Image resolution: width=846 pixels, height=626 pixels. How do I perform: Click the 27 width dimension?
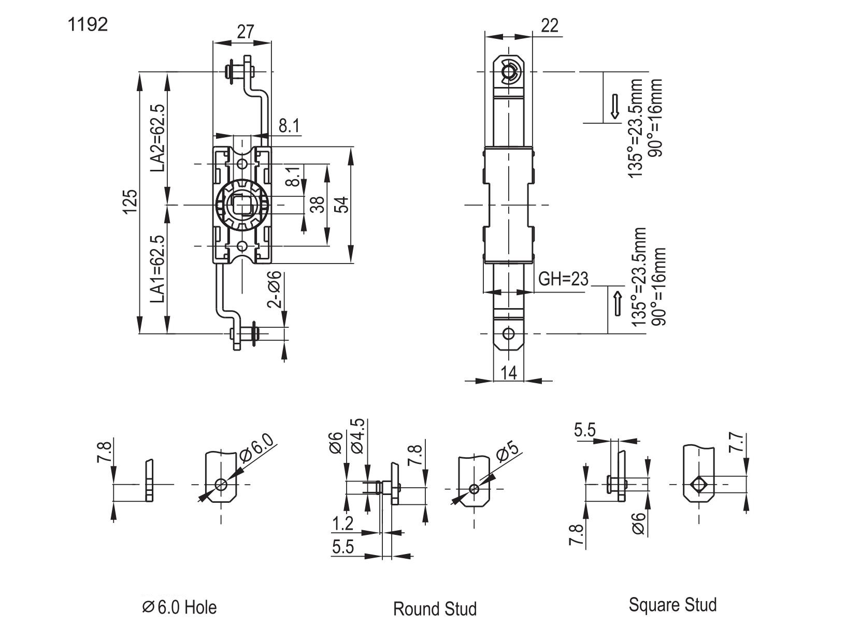pyautogui.click(x=245, y=32)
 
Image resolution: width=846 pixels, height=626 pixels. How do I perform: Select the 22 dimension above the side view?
pyautogui.click(x=550, y=26)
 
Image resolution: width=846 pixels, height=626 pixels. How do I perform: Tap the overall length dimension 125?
pyautogui.click(x=131, y=202)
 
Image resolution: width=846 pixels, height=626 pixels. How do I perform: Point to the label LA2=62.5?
pyautogui.click(x=158, y=138)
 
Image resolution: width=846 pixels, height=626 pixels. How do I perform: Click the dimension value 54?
pyautogui.click(x=343, y=205)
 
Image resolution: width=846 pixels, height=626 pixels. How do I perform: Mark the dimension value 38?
pyautogui.click(x=318, y=205)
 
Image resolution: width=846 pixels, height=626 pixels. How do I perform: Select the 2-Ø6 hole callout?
pyautogui.click(x=274, y=289)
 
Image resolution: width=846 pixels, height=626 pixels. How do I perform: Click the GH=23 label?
pyautogui.click(x=563, y=279)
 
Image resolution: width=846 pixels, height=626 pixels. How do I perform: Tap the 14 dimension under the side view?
pyautogui.click(x=508, y=372)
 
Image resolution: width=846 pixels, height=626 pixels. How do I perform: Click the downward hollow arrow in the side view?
pyautogui.click(x=614, y=107)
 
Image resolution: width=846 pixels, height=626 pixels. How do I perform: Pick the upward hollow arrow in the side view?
pyautogui.click(x=618, y=303)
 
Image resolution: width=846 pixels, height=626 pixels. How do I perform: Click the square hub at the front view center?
pyautogui.click(x=242, y=205)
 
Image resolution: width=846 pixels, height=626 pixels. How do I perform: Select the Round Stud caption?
pyautogui.click(x=435, y=609)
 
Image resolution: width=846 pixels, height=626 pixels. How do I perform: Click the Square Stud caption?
pyautogui.click(x=673, y=605)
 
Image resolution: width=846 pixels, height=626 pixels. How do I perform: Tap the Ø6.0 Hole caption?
pyautogui.click(x=179, y=607)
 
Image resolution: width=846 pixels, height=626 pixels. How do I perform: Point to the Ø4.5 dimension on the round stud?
pyautogui.click(x=358, y=436)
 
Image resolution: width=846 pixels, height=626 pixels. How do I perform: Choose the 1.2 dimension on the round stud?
pyautogui.click(x=342, y=523)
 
